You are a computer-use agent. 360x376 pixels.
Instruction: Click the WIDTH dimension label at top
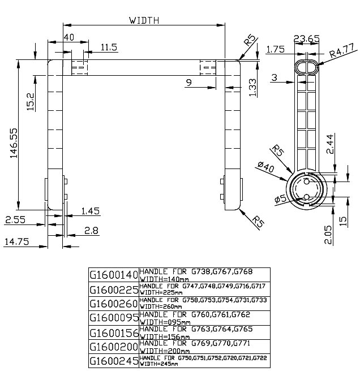point(144,20)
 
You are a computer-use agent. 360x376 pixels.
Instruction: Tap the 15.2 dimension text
point(31,102)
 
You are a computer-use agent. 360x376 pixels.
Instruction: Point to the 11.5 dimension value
point(109,47)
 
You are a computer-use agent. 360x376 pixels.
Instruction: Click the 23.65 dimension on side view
point(307,38)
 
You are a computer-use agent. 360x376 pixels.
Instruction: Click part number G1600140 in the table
point(114,275)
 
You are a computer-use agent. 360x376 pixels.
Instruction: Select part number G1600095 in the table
point(114,317)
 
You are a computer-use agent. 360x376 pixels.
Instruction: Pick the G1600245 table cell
point(114,360)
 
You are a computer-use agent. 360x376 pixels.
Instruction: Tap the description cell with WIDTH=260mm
point(204,303)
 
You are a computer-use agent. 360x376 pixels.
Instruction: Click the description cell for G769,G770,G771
point(204,346)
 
